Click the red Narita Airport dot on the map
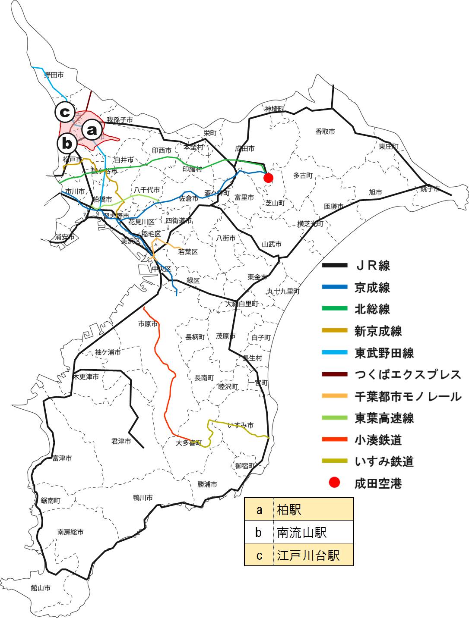268,178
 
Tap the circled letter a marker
92,130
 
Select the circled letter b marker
67,143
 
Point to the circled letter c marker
65,113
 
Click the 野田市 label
54,75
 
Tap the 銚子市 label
430,189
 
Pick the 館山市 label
41,587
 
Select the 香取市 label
325,132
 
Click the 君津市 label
121,441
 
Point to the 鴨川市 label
143,498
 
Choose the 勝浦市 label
207,484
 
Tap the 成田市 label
244,148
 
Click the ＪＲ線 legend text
372,265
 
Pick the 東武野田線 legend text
384,353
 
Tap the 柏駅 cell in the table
314,510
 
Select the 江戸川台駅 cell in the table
314,555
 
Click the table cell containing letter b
259,533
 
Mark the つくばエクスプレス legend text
408,374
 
